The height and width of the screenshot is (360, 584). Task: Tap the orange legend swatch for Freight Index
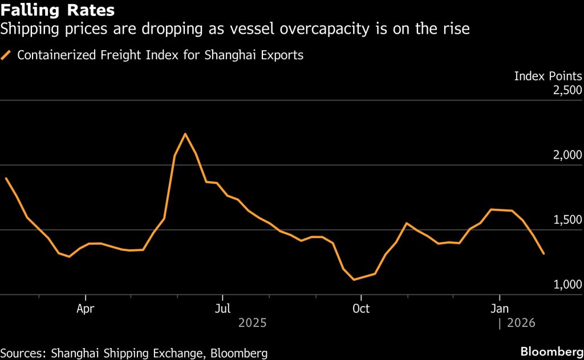(x=7, y=55)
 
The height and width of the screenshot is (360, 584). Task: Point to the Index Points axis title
(x=548, y=76)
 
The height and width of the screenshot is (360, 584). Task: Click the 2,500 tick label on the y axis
(x=565, y=90)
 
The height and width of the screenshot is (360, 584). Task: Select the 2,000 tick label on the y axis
(x=565, y=155)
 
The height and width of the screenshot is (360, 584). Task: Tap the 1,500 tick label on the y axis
(x=565, y=220)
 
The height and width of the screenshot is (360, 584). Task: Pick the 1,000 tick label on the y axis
(x=565, y=285)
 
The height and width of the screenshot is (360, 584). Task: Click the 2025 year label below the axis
(x=252, y=323)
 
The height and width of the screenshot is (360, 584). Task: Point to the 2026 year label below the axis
(x=521, y=323)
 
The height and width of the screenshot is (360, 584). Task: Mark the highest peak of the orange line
(x=185, y=134)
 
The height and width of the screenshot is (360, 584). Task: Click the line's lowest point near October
(x=354, y=280)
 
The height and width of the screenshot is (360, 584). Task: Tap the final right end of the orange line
(x=544, y=254)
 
